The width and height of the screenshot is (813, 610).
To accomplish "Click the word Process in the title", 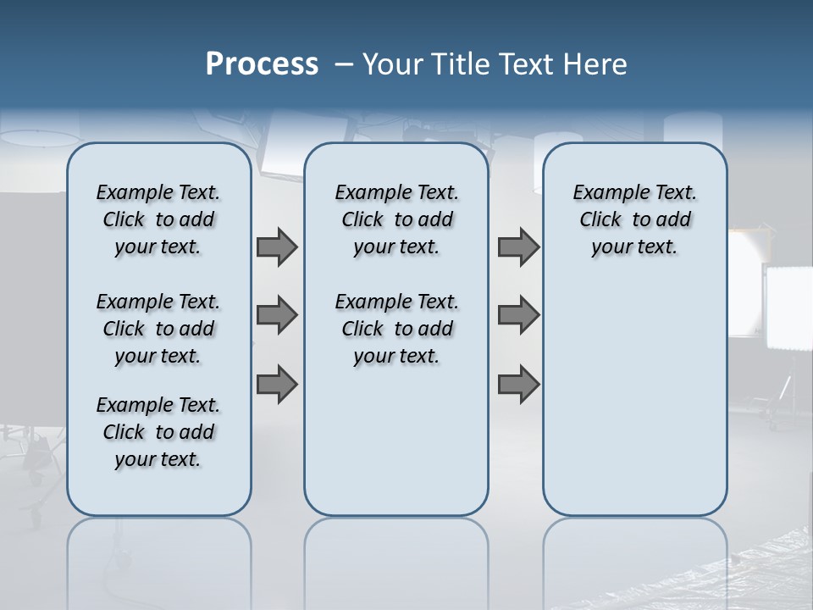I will tap(262, 64).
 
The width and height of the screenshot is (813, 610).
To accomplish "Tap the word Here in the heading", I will tap(595, 64).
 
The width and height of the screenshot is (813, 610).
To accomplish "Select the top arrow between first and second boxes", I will tap(277, 247).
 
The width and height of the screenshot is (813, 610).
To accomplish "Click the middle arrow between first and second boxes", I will tap(277, 315).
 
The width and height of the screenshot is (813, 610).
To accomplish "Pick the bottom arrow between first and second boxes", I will tap(277, 384).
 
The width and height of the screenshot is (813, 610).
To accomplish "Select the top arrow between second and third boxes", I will tap(518, 247).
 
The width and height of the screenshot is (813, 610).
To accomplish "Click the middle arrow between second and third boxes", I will tap(518, 315).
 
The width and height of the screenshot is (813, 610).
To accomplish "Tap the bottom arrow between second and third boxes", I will tap(518, 384).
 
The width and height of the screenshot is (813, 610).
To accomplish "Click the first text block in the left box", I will tap(158, 219).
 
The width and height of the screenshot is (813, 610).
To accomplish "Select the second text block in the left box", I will tap(158, 329).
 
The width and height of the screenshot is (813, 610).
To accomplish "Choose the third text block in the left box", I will tap(158, 432).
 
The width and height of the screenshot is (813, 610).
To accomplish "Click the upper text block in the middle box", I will tap(396, 219).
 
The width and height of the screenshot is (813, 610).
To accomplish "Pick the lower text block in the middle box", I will tap(396, 329).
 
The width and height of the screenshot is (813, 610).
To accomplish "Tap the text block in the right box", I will tap(634, 219).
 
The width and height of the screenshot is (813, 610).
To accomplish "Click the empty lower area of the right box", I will tap(634, 398).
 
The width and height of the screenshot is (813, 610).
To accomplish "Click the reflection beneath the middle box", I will tap(396, 559).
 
